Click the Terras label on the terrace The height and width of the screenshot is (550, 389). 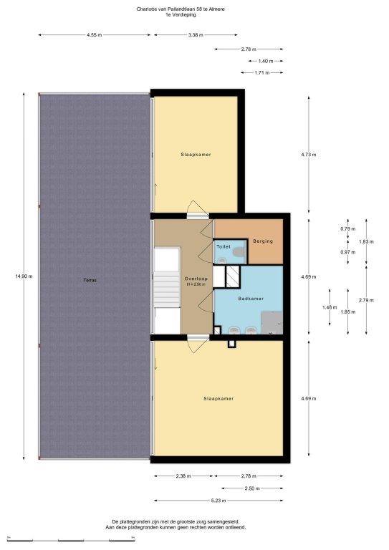click(x=90, y=280)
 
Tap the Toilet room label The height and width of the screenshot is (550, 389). click(x=224, y=246)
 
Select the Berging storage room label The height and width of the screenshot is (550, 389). click(x=263, y=241)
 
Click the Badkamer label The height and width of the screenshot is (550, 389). click(x=251, y=299)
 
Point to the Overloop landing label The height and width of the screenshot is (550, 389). click(x=196, y=279)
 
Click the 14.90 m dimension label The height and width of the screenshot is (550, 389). click(x=24, y=276)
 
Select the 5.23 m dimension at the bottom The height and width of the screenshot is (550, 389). click(x=218, y=501)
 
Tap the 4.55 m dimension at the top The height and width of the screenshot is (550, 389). click(x=94, y=34)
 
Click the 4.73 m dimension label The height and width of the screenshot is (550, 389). click(x=309, y=155)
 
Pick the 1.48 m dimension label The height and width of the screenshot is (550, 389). click(x=330, y=307)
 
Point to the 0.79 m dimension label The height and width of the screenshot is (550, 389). click(x=348, y=228)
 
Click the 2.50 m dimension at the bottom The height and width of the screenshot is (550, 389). click(x=252, y=488)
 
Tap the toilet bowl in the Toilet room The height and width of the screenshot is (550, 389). click(x=239, y=251)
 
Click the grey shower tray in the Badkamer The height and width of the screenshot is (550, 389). click(x=272, y=322)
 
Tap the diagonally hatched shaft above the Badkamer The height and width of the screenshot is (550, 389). click(x=233, y=276)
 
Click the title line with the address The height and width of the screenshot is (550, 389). click(x=181, y=9)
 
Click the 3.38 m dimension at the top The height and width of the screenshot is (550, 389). click(x=196, y=34)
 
